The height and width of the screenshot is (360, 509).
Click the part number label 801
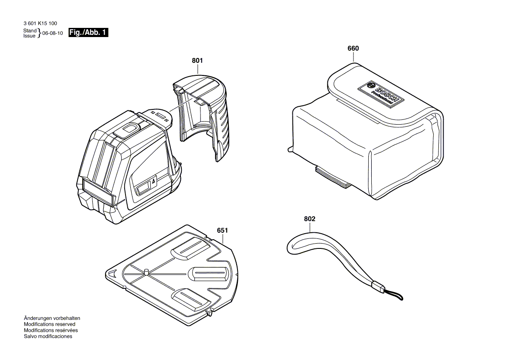click(197, 61)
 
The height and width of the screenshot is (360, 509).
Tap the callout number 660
click(353, 48)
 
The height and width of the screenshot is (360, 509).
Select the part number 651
click(223, 230)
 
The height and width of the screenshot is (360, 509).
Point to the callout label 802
click(309, 218)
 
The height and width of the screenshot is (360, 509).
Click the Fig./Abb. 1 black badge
click(88, 33)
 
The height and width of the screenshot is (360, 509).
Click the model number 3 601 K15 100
click(40, 24)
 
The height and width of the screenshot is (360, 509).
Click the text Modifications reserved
click(49, 324)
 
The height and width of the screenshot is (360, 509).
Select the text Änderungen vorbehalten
click(52, 318)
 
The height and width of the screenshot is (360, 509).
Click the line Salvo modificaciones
click(48, 336)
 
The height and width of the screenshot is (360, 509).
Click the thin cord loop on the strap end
click(395, 295)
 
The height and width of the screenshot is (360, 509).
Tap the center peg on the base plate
click(146, 272)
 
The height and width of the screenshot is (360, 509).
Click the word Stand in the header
click(30, 31)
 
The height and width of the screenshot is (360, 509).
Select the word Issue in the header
click(30, 36)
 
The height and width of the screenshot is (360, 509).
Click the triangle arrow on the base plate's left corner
click(112, 273)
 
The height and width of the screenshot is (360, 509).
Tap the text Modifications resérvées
click(51, 330)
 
